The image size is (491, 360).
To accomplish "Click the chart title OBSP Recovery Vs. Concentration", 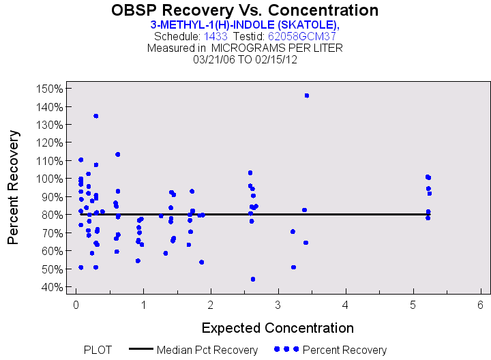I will point(245,11).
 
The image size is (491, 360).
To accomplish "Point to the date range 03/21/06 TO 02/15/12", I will point(245,59).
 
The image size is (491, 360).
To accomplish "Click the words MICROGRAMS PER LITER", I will point(277,48).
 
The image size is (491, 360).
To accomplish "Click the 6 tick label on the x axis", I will point(481,304).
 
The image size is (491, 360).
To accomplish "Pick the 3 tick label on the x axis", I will point(278,304).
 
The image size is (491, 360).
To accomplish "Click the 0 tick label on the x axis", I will point(76,304).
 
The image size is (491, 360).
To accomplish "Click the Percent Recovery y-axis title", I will point(14,187).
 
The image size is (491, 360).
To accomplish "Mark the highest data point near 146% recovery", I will point(307,95).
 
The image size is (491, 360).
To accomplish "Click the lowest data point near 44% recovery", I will point(253,279).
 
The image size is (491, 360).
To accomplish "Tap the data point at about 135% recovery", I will point(96,116).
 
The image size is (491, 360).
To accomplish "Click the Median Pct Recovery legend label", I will point(207,350).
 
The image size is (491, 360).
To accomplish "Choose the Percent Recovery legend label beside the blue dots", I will point(344,350).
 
